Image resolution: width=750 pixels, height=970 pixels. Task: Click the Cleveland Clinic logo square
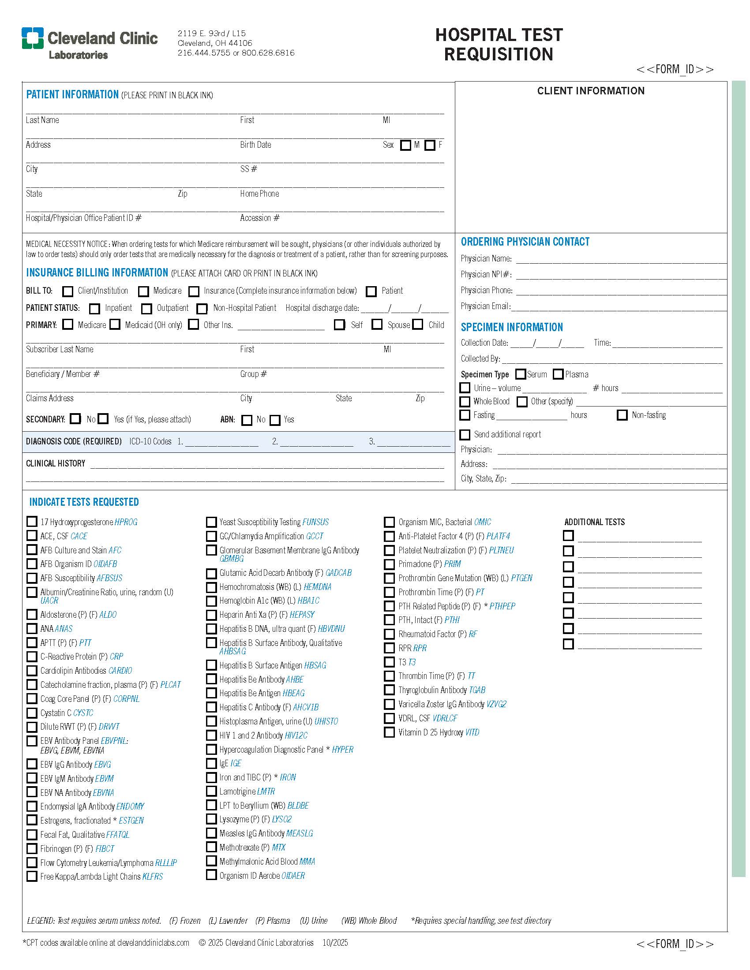(x=33, y=38)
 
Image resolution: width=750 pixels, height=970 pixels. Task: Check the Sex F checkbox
(x=430, y=145)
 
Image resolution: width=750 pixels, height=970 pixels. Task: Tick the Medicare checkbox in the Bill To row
(x=143, y=291)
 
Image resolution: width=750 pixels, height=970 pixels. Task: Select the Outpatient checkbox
(x=146, y=309)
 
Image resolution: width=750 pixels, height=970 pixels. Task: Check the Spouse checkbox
(x=377, y=325)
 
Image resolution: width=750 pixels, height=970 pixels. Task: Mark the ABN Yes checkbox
(x=275, y=420)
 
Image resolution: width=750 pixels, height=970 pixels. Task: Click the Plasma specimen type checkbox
(x=558, y=374)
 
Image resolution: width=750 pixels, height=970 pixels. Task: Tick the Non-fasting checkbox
(x=622, y=415)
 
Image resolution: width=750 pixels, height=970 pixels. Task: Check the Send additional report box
(x=465, y=434)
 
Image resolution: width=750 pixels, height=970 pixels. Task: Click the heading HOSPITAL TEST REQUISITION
(x=499, y=45)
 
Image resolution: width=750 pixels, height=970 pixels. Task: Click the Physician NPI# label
(x=486, y=275)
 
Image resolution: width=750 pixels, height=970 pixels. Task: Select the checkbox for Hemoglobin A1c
(x=211, y=601)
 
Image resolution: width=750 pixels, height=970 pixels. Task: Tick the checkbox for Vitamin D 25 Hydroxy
(x=389, y=732)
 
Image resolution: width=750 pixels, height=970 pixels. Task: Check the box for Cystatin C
(x=32, y=713)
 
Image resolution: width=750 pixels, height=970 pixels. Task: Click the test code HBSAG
(x=315, y=665)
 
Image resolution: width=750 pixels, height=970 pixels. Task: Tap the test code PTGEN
(x=521, y=578)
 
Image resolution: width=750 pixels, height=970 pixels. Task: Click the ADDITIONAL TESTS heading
(x=595, y=522)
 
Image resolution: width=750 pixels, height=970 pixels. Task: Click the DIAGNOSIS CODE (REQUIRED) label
(x=74, y=441)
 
